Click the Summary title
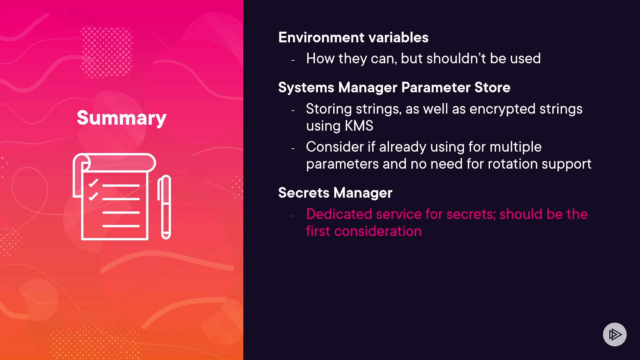122,118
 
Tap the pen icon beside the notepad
164,207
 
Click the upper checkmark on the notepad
93,183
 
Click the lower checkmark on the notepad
93,196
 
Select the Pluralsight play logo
615,334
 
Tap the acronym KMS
359,126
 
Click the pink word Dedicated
339,214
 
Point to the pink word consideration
378,231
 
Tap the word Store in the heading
492,87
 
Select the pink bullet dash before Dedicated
293,216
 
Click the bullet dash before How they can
293,60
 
